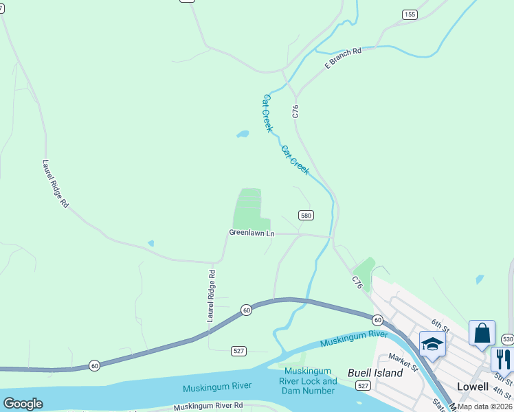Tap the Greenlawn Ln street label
[252, 233]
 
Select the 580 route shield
[306, 215]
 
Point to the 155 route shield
[410, 14]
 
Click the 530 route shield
[507, 339]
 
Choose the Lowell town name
[472, 387]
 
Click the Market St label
[403, 362]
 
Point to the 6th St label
[440, 326]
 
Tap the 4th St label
[503, 394]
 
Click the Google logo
[23, 403]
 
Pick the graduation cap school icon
[432, 343]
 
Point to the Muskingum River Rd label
[208, 407]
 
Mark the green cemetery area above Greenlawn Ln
[248, 208]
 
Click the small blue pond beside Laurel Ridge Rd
[150, 243]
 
